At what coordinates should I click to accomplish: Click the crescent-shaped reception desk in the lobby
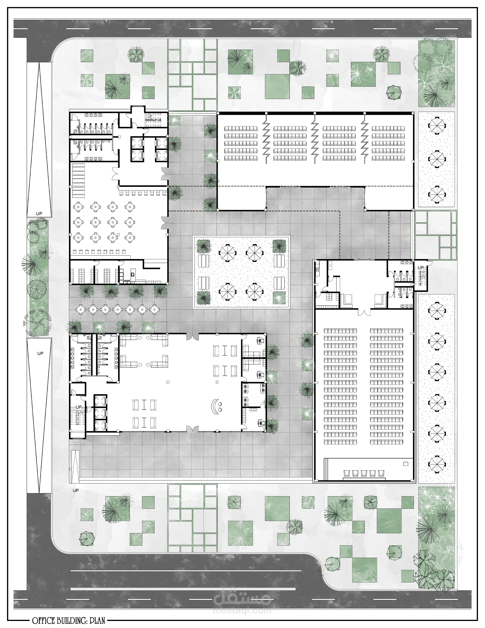pyautogui.click(x=214, y=406)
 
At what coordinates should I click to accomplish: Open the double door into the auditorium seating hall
pyautogui.click(x=364, y=311)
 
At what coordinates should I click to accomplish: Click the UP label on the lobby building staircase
pyautogui.click(x=78, y=407)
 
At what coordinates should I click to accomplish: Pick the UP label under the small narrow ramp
pyautogui.click(x=76, y=490)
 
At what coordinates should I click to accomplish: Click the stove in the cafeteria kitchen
pyautogui.click(x=133, y=274)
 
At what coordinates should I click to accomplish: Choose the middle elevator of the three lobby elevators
pyautogui.click(x=100, y=413)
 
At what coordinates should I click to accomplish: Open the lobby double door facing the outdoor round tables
pyautogui.click(x=192, y=336)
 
